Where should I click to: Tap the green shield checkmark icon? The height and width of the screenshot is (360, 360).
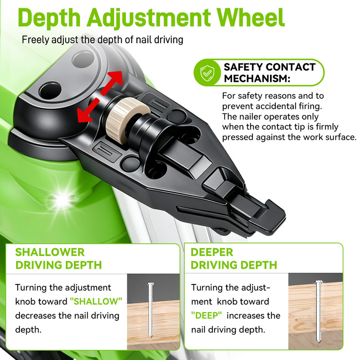pyautogui.click(x=207, y=72)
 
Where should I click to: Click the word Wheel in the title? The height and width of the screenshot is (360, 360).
pyautogui.click(x=251, y=18)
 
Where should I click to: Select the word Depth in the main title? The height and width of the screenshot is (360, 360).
pyautogui.click(x=49, y=18)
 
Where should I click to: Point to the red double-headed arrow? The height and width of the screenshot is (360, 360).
pyautogui.click(x=100, y=96)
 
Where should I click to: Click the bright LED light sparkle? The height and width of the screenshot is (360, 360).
pyautogui.click(x=63, y=199)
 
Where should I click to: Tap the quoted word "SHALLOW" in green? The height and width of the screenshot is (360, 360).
pyautogui.click(x=96, y=301)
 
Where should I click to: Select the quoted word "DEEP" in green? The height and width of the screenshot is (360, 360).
pyautogui.click(x=207, y=315)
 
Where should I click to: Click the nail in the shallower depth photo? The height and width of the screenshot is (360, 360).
pyautogui.click(x=150, y=310)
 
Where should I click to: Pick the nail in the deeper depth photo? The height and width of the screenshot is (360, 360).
pyautogui.click(x=318, y=311)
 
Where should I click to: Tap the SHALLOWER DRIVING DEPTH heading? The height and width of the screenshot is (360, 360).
pyautogui.click(x=58, y=258)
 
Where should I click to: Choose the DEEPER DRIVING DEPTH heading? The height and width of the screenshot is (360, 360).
pyautogui.click(x=234, y=258)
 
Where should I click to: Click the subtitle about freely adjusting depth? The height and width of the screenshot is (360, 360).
pyautogui.click(x=103, y=40)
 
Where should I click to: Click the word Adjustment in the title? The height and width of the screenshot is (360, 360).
pyautogui.click(x=149, y=18)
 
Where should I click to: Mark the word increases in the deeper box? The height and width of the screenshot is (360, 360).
pyautogui.click(x=253, y=316)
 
